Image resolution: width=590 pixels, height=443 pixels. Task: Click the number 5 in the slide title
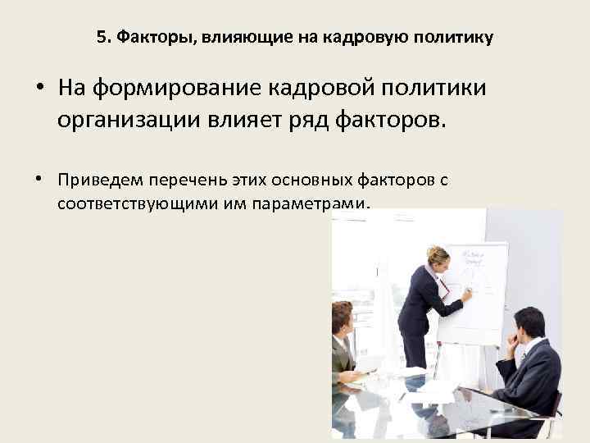(101, 38)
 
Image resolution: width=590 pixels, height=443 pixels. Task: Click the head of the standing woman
(437, 257)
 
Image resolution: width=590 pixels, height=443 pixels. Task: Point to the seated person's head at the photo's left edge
(341, 317)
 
